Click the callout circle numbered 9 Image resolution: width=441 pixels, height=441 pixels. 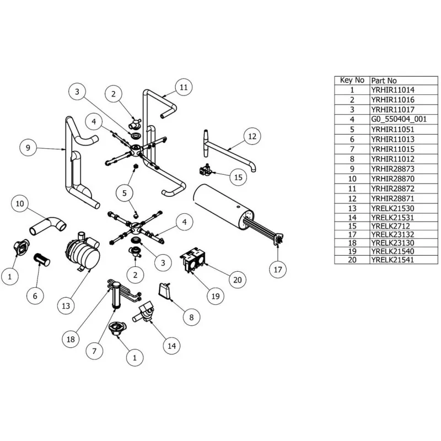point(28,147)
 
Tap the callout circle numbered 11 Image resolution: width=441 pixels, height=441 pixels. point(184,87)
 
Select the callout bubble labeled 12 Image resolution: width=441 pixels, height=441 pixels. point(251,136)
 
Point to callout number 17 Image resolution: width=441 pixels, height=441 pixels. point(278,270)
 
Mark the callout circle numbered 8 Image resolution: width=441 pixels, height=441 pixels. point(191,317)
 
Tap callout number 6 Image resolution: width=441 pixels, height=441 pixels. point(35,296)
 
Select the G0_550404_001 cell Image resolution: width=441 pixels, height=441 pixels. point(398,119)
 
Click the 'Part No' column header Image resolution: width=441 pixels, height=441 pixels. point(384,80)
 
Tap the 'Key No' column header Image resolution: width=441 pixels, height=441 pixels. point(352,80)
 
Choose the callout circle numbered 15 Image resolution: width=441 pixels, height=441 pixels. point(238,178)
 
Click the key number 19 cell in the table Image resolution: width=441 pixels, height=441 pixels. point(352,251)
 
